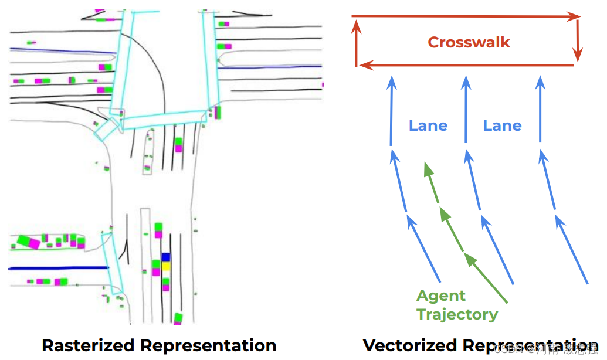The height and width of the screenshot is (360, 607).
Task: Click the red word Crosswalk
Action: point(469,42)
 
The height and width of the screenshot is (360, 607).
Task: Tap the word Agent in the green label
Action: point(441,296)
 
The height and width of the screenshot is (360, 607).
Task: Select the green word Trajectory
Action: point(457,315)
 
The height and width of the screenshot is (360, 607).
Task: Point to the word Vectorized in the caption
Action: point(411,345)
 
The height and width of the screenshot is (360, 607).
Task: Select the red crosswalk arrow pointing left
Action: point(466,65)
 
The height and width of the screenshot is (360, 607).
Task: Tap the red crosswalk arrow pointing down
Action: point(578,41)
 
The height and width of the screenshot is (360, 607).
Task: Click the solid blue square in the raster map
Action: point(166,257)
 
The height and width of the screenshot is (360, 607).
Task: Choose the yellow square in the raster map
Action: point(166,266)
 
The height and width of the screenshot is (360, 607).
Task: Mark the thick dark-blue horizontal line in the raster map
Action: point(59,267)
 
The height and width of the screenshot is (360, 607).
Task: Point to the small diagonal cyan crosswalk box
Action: point(107,127)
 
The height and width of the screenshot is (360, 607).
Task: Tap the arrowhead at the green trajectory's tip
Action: point(428,169)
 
